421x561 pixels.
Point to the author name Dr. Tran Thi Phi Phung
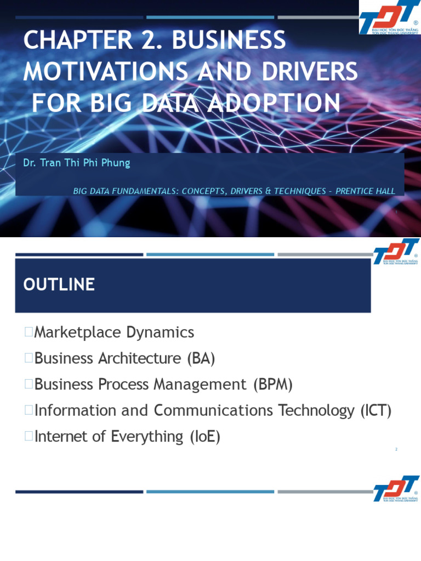click(77, 163)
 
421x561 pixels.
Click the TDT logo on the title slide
click(389, 17)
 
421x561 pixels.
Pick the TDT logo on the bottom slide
click(396, 489)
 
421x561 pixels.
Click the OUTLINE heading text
click(59, 285)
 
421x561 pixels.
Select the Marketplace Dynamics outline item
click(114, 332)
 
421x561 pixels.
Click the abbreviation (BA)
click(201, 358)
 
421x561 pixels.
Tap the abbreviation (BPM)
click(273, 385)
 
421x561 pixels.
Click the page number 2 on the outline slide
click(396, 450)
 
